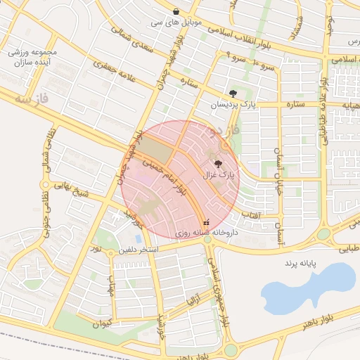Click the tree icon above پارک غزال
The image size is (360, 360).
click(x=217, y=163)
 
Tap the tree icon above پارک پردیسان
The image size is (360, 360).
click(x=233, y=94)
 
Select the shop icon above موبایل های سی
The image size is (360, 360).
click(x=175, y=12)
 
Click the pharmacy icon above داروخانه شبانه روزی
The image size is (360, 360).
click(x=205, y=222)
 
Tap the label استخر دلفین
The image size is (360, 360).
click(x=139, y=250)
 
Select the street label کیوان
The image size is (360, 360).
click(x=102, y=324)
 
